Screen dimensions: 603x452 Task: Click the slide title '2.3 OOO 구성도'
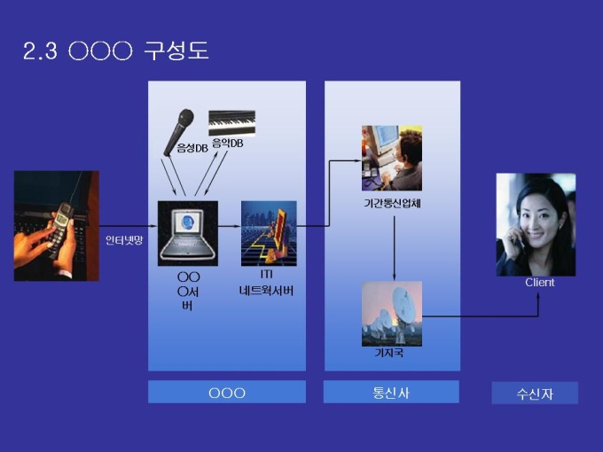coord(116,51)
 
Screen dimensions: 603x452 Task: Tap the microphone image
coord(179,132)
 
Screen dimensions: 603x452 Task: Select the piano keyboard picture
coord(231,123)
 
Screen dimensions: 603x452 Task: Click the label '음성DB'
coord(192,148)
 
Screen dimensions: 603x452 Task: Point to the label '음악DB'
coord(228,144)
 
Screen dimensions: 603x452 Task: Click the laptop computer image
coord(188,233)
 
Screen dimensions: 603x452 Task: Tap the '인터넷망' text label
coord(124,240)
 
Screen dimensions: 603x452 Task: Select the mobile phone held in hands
coord(61,230)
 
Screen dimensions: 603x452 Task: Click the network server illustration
coord(269,233)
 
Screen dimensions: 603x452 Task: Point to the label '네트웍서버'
coord(266,291)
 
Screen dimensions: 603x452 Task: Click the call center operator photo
coord(392,158)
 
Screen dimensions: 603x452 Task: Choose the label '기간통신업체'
coord(392,203)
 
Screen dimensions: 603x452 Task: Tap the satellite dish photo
coord(392,314)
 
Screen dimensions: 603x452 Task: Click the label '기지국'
coord(389,353)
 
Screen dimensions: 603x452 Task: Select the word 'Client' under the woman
coord(540,283)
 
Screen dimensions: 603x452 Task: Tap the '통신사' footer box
coord(391,392)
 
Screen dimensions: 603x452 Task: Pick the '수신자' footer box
coord(535,393)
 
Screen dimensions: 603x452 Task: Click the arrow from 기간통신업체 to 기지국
coord(394,248)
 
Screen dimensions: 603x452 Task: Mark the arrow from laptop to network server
coord(230,226)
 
